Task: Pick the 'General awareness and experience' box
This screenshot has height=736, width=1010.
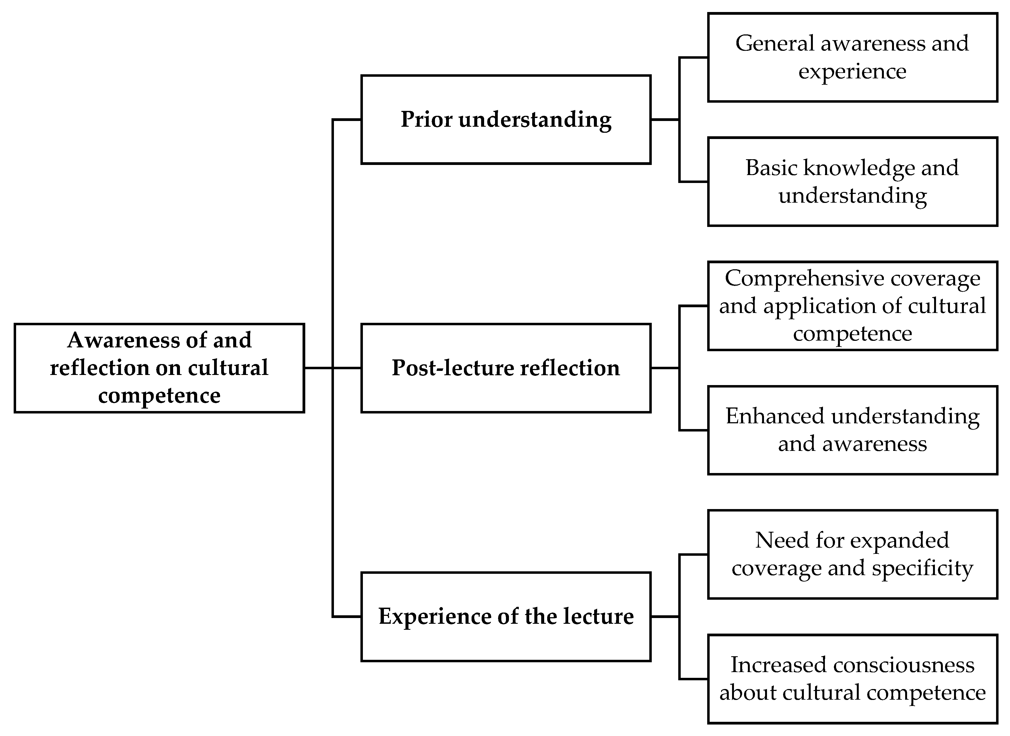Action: (852, 57)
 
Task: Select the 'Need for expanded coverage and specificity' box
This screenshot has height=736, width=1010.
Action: (852, 554)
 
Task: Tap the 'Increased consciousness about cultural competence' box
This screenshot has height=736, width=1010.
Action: (852, 679)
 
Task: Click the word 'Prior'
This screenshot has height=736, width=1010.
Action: (426, 119)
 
